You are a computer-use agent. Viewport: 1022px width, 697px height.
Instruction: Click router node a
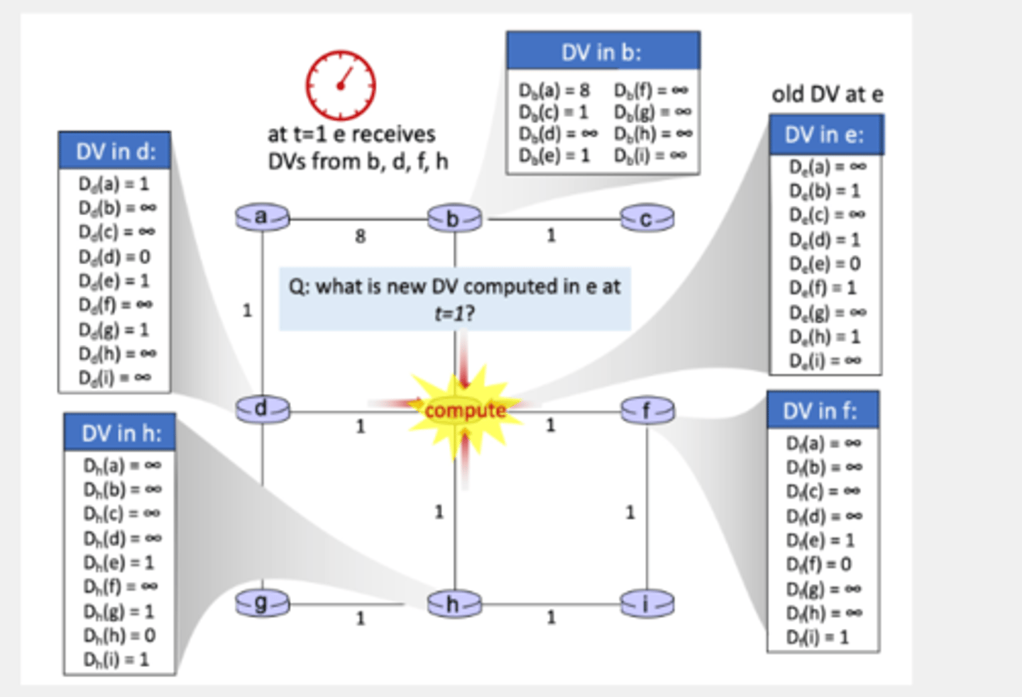262,217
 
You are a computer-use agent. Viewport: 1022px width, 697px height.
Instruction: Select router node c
647,219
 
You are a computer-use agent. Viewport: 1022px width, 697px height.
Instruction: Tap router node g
262,604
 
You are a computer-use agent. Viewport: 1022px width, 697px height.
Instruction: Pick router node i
647,604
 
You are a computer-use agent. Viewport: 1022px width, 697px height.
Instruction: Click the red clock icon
341,85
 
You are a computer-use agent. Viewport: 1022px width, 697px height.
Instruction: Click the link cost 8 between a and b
361,236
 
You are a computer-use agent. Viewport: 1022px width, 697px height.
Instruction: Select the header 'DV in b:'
603,52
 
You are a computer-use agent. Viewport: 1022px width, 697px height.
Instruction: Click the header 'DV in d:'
115,151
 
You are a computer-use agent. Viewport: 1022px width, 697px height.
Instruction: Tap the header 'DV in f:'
821,411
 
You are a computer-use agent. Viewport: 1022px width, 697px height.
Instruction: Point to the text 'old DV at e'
828,94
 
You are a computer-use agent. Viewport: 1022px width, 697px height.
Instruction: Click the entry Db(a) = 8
554,90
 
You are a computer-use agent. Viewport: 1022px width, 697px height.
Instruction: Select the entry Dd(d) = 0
114,256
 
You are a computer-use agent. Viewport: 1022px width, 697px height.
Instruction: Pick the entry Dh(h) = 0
119,635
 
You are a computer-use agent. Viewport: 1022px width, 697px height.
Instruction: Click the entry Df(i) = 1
817,637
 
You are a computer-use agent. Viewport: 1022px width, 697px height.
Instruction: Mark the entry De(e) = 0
824,263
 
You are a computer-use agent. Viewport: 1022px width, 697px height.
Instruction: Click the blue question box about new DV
454,298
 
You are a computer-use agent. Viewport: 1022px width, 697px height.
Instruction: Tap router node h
454,604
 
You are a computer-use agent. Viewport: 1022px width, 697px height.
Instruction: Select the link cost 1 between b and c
551,235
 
